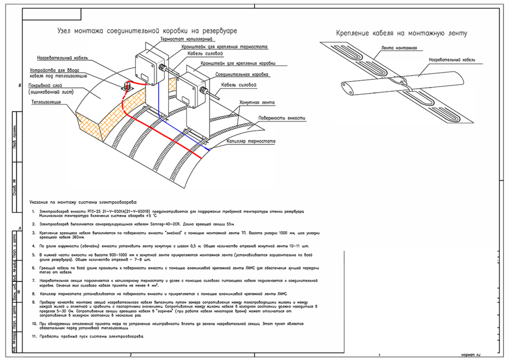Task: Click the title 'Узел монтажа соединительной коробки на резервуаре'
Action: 148,31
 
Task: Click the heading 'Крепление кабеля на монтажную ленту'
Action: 402,34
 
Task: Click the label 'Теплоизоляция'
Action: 46,102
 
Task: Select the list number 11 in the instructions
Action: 34,337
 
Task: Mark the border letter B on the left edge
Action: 20,86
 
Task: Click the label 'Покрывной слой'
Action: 45,85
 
